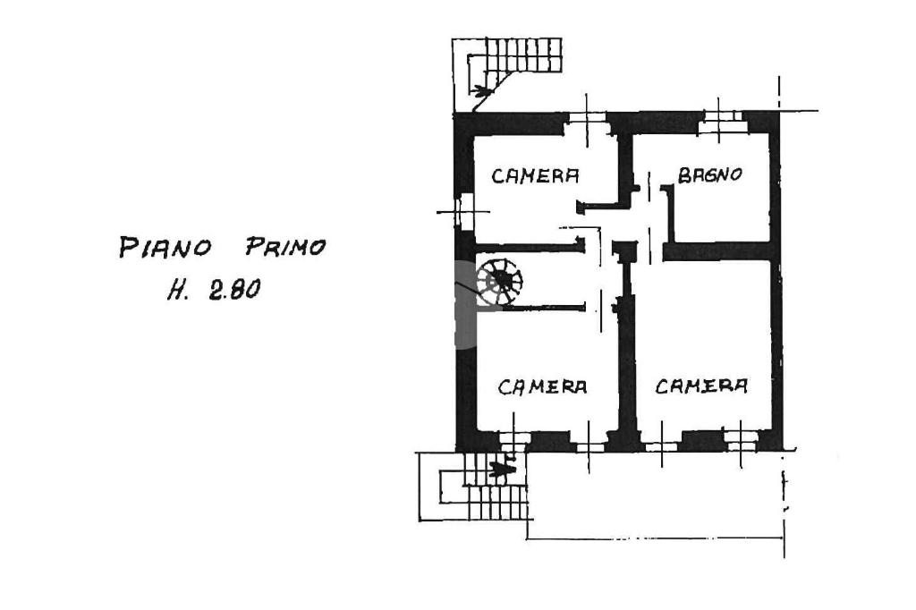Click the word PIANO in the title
click(165, 246)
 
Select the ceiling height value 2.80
click(234, 290)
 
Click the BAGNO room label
click(709, 175)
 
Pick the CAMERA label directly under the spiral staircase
click(542, 387)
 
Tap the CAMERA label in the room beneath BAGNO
click(701, 386)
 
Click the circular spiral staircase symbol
click(499, 282)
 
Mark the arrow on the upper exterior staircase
click(483, 90)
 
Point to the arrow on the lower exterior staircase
click(506, 467)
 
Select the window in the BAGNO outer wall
click(722, 122)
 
